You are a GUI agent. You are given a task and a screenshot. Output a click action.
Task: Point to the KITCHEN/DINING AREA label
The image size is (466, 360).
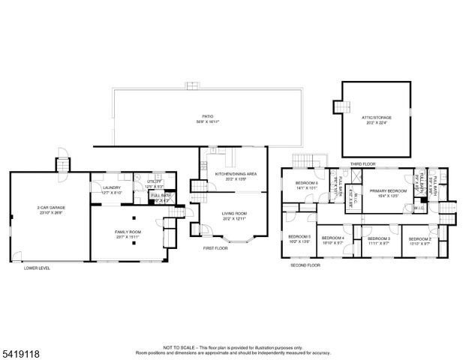[x=236, y=174]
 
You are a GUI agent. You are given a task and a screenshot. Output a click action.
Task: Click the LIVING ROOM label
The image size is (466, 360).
[x=235, y=213]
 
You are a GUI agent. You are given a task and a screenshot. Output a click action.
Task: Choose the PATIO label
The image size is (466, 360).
[x=207, y=117]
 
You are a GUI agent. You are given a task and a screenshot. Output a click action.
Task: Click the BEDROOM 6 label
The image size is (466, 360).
[x=306, y=184]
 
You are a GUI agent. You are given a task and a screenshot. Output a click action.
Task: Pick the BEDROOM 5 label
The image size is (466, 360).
[x=299, y=236]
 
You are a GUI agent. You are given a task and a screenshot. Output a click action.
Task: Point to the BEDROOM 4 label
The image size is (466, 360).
[x=332, y=238]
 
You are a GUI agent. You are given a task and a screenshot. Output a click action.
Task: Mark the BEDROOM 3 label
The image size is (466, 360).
[x=378, y=238]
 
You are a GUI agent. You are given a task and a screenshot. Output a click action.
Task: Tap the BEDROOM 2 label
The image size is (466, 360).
[x=419, y=238]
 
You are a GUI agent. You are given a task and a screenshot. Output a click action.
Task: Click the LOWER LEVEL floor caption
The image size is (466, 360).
[x=37, y=268]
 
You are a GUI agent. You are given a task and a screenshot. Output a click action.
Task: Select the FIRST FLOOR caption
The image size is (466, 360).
[x=215, y=247]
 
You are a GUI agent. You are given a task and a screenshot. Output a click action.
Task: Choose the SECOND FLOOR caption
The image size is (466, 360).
[x=305, y=265]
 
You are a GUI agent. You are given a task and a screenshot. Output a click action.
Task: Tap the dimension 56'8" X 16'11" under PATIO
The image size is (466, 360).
[x=207, y=123]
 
